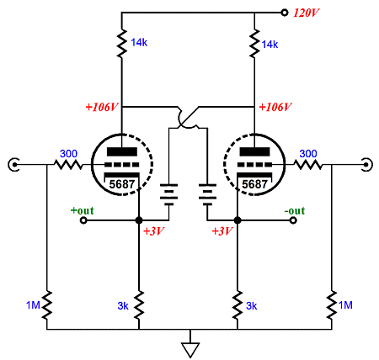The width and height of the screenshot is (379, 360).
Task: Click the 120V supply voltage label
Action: pos(306,13)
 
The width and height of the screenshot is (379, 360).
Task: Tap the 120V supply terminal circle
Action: pos(285,13)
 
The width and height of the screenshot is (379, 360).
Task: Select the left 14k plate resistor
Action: pos(121,43)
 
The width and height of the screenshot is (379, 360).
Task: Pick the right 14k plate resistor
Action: pos(254,43)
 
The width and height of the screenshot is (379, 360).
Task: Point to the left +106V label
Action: pos(102,107)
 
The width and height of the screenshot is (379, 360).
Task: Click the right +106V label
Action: pos(275,107)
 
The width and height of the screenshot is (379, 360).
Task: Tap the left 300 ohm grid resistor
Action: pos(68,165)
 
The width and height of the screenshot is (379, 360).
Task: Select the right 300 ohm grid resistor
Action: pos(308,165)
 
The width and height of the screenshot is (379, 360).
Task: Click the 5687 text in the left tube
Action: pos(122,184)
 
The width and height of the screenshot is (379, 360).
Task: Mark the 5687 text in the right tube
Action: pos(254,184)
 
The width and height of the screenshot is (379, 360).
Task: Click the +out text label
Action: pos(83,210)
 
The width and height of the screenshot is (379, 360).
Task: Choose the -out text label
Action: pos(295,210)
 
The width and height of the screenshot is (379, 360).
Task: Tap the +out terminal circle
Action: pos(83,220)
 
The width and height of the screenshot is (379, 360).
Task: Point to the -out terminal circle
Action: pos(293,220)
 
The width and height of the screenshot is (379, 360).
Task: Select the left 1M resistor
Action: pos(47,305)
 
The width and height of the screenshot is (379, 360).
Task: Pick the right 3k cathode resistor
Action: pos(238,305)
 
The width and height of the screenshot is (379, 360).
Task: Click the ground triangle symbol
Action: pos(190,350)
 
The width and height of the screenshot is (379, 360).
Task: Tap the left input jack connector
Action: pos(13,165)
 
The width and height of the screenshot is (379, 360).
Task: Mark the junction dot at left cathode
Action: pos(139,220)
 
